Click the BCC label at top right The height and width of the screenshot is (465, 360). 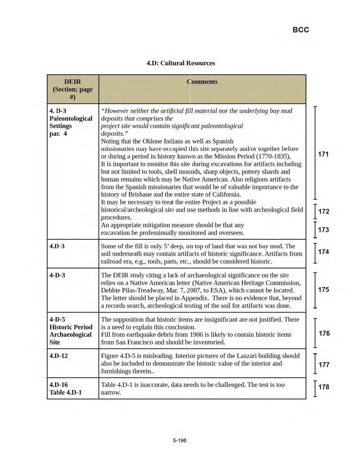pyautogui.click(x=301, y=30)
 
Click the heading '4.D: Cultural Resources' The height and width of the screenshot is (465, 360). pyautogui.click(x=181, y=63)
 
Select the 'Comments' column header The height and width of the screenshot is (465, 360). pyautogui.click(x=202, y=81)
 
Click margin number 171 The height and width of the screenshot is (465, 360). pyautogui.click(x=323, y=154)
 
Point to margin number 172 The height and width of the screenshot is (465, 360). pyautogui.click(x=323, y=211)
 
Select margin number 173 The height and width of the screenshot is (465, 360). pyautogui.click(x=323, y=230)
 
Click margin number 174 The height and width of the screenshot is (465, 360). pyautogui.click(x=323, y=252)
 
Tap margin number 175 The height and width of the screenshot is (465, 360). pyautogui.click(x=323, y=290)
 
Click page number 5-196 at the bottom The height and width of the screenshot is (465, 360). pyautogui.click(x=179, y=440)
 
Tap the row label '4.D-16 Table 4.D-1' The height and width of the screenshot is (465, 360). pyautogui.click(x=66, y=389)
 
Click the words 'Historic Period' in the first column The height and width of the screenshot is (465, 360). pyautogui.click(x=71, y=327)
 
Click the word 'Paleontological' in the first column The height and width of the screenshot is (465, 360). pyautogui.click(x=71, y=118)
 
